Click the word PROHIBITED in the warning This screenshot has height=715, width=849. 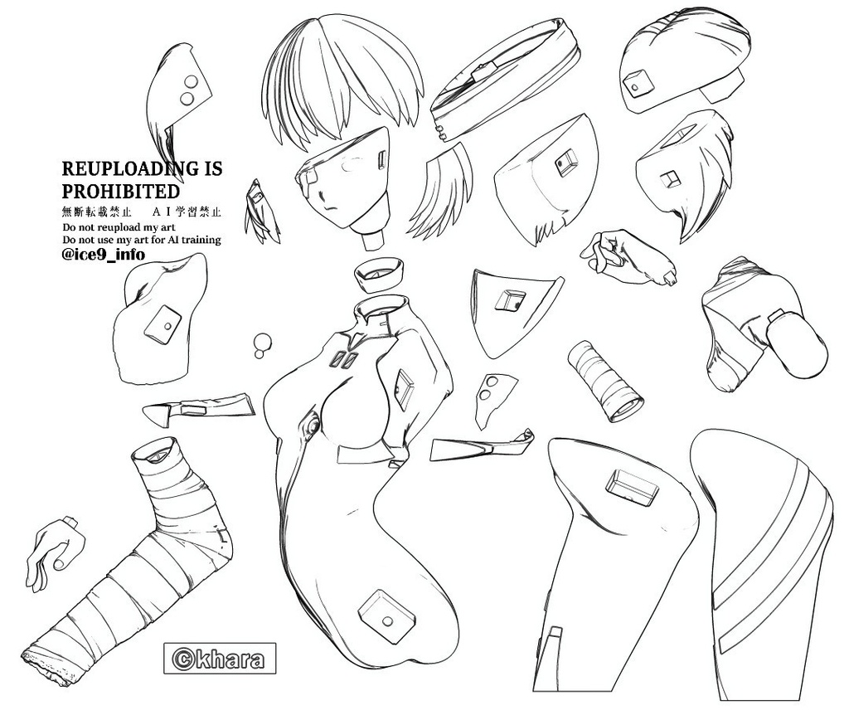(x=121, y=192)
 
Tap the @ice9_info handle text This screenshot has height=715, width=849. (x=104, y=255)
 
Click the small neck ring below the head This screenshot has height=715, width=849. (x=379, y=271)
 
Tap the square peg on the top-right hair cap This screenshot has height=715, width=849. (x=639, y=82)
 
